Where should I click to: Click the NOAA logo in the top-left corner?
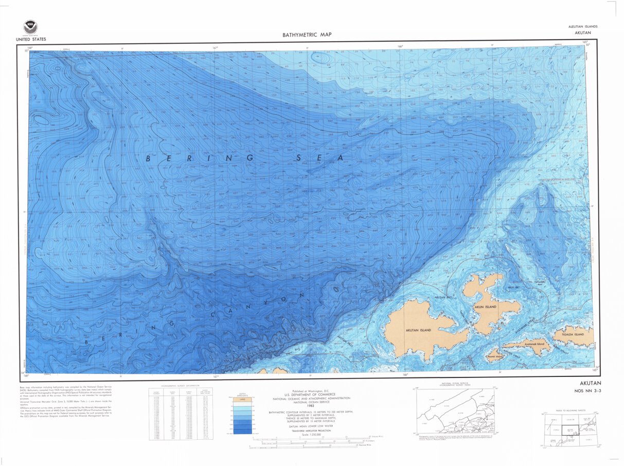click(30, 27)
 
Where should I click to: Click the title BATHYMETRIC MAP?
click(307, 35)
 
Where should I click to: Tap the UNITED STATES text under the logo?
click(31, 39)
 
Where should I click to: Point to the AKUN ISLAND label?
click(485, 307)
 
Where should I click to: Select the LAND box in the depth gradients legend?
click(241, 399)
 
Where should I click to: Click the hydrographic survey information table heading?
click(181, 385)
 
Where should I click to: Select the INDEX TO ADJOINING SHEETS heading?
click(569, 410)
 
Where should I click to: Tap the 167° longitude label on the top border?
click(216, 48)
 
